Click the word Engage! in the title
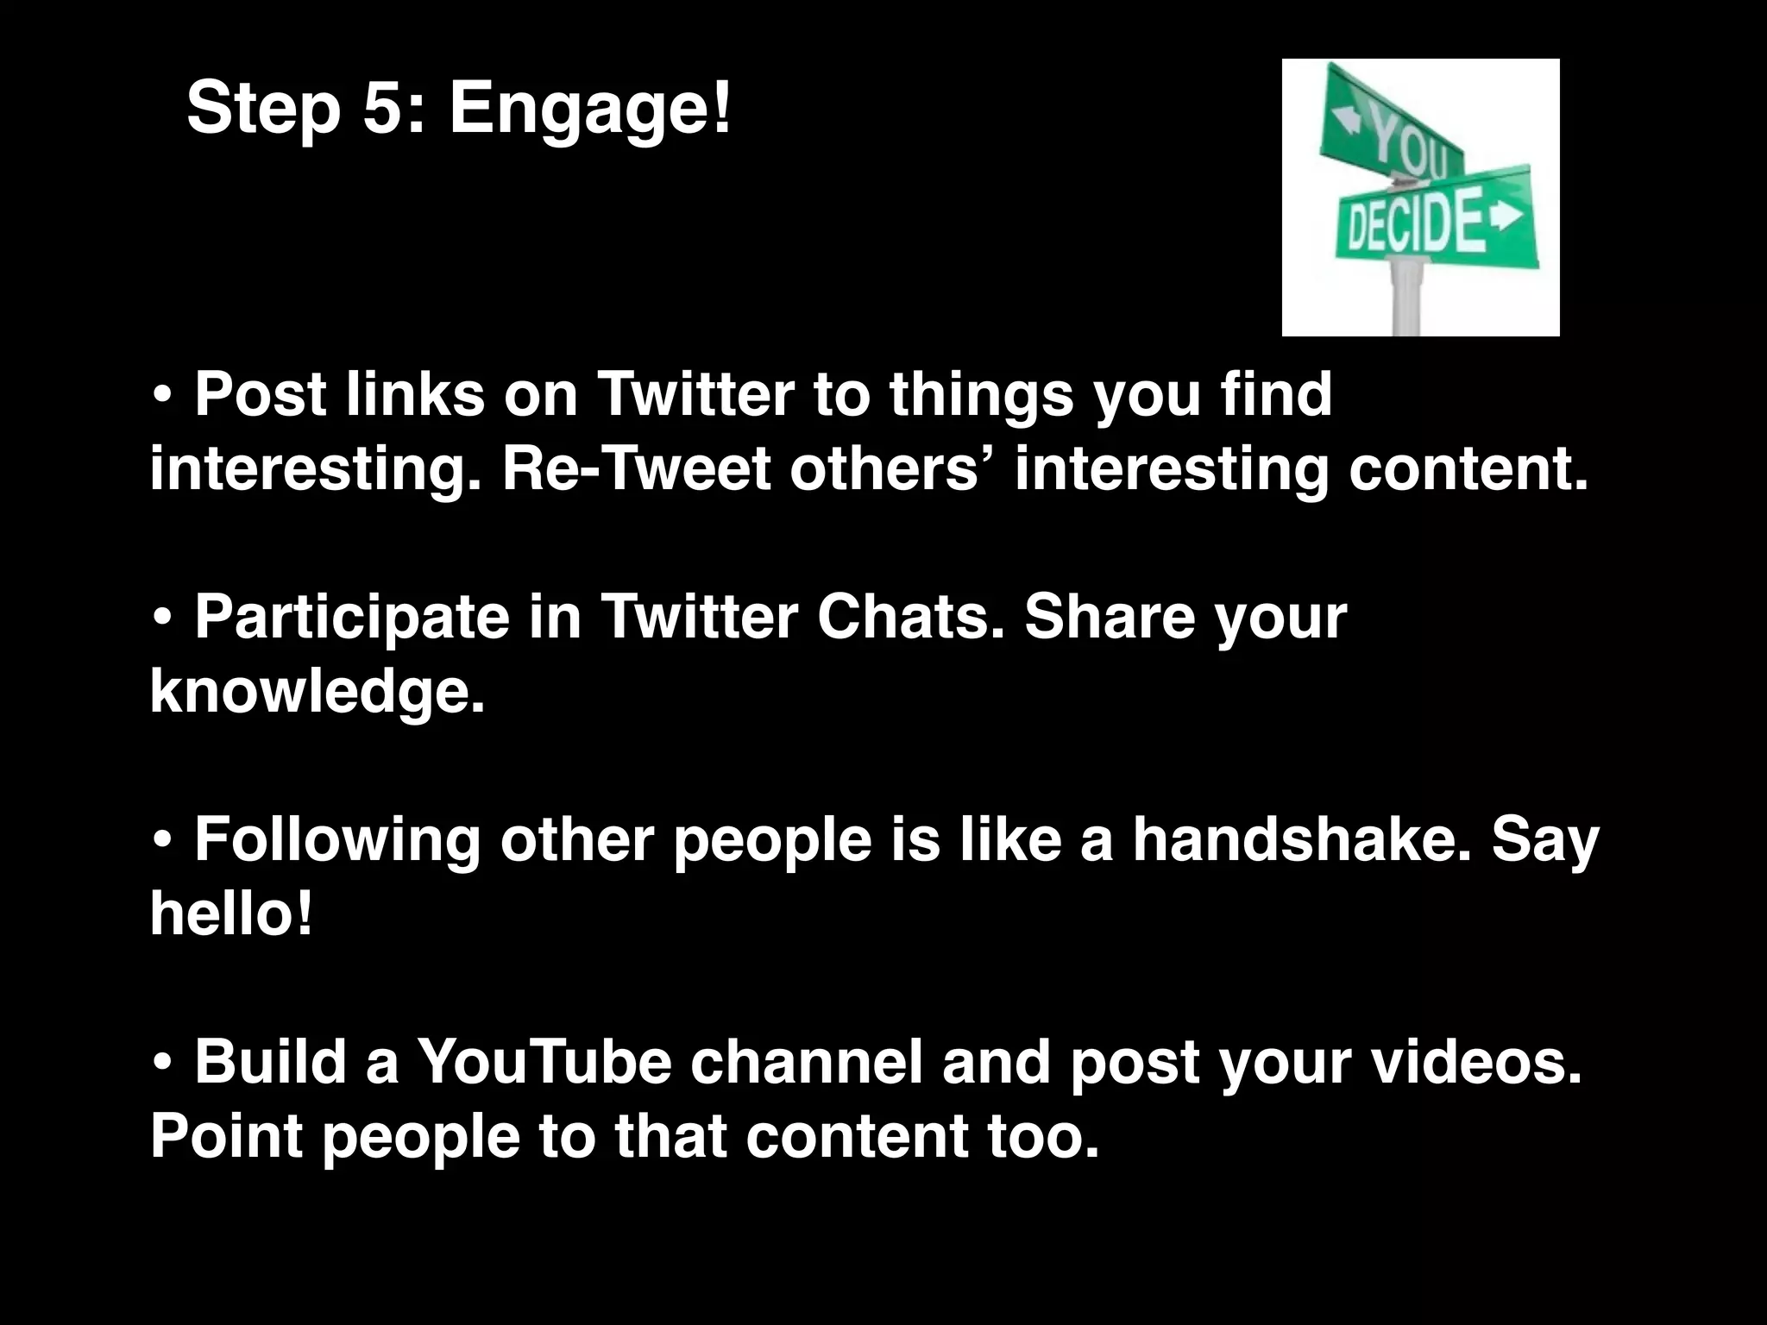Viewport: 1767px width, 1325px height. tap(590, 110)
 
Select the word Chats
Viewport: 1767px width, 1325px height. tap(910, 617)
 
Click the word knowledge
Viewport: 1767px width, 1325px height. tap(317, 692)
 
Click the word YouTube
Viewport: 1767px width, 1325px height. tap(544, 1061)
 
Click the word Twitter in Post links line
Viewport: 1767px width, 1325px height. tap(695, 394)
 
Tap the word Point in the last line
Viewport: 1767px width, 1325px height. tap(226, 1135)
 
